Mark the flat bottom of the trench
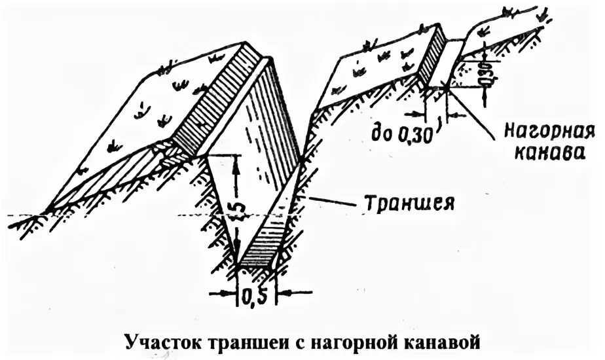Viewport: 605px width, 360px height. [x=255, y=267]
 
